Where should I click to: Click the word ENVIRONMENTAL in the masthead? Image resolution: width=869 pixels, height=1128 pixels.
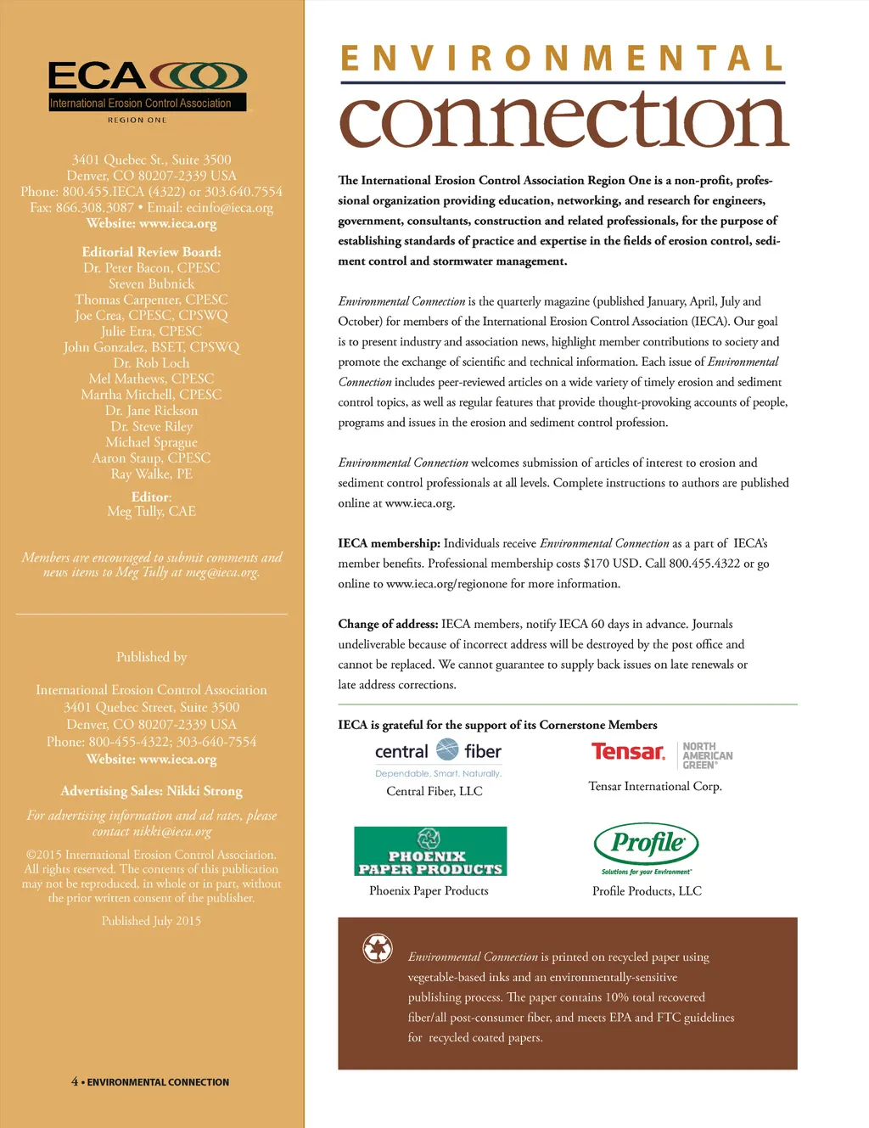tap(562, 59)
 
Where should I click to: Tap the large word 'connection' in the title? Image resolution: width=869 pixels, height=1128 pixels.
tap(564, 121)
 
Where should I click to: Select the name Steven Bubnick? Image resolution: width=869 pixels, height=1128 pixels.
tap(151, 283)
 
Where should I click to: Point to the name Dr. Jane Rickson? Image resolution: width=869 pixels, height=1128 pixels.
tap(151, 410)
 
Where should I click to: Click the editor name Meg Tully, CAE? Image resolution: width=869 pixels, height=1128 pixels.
tap(151, 511)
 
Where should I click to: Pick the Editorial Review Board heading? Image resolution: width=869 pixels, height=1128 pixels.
tap(151, 252)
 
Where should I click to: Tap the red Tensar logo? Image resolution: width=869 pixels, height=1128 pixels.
tap(628, 752)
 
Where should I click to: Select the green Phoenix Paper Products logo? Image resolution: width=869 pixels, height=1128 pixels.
tap(430, 851)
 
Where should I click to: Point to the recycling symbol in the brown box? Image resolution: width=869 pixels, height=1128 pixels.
tap(377, 947)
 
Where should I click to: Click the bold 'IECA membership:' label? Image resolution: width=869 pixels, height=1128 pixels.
tap(389, 543)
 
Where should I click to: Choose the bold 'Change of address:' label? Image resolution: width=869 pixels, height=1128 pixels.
tap(388, 624)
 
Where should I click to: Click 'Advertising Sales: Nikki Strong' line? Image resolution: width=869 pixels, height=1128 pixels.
tap(151, 791)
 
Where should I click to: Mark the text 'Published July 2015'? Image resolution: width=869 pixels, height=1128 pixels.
tap(151, 921)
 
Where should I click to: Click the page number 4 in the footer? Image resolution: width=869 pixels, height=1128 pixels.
tap(75, 1081)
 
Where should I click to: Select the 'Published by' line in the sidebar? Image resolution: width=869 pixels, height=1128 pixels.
tap(151, 657)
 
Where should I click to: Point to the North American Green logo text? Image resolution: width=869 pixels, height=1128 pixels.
tap(707, 755)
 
